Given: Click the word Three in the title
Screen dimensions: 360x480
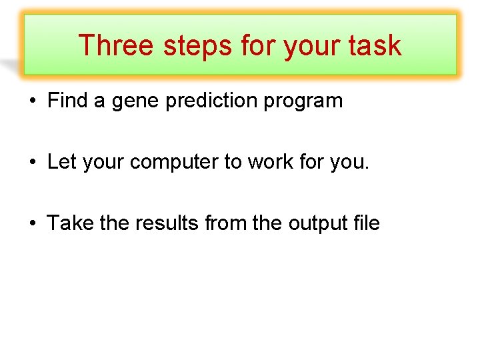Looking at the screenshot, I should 116,45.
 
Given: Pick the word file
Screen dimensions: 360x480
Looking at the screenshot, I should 367,223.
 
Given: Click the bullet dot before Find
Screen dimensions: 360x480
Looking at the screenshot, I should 32,102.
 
